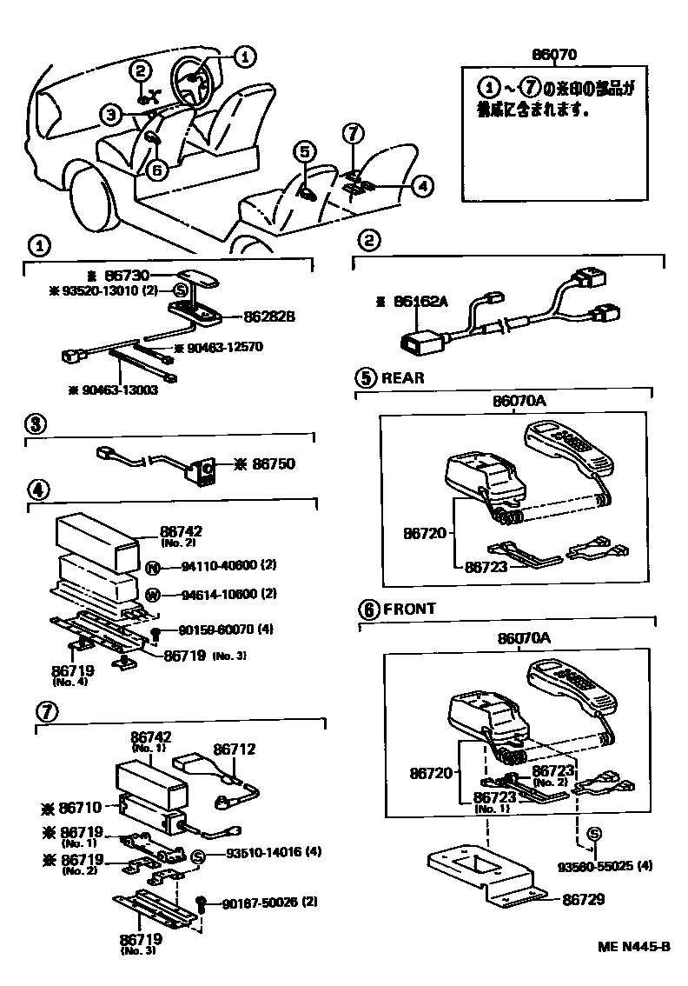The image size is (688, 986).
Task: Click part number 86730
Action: click(136, 274)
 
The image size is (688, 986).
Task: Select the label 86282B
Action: click(269, 317)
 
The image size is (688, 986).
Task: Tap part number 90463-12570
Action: click(218, 348)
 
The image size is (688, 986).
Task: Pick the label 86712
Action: click(233, 749)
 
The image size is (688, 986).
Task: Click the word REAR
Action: click(404, 378)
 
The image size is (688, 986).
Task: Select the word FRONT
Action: click(408, 610)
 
